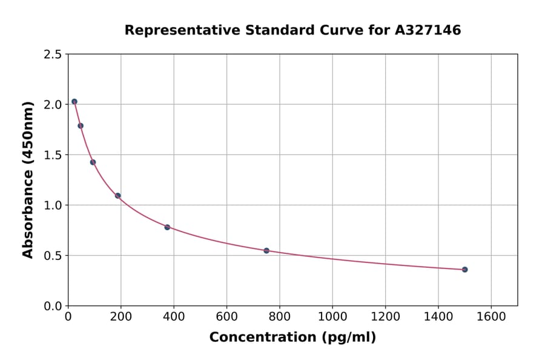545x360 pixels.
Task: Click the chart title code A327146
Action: [x=428, y=30]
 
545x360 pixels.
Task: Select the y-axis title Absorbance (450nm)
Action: [x=28, y=179]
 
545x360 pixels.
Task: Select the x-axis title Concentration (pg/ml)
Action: [x=292, y=338]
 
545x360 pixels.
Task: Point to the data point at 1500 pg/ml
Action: [x=464, y=269]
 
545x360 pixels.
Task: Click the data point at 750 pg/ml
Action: [x=266, y=250]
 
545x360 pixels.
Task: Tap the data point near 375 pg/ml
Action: [x=167, y=227]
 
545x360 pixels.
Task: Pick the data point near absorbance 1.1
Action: [x=117, y=196]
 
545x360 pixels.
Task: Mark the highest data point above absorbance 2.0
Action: [x=74, y=102]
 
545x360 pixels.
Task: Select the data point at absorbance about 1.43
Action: [x=93, y=162]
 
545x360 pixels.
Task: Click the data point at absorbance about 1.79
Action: [x=81, y=126]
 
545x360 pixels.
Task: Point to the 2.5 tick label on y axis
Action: [x=53, y=55]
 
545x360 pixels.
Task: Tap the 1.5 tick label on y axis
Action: [x=53, y=155]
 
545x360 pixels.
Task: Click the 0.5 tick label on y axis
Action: [x=53, y=256]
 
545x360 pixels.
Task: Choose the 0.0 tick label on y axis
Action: [x=53, y=306]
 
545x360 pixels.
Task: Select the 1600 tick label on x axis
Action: [x=491, y=317]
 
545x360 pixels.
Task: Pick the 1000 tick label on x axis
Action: [x=332, y=317]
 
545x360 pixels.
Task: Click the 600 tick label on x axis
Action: [x=226, y=317]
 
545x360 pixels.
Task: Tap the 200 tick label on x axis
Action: [x=121, y=317]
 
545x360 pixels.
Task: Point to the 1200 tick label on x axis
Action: [x=385, y=317]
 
